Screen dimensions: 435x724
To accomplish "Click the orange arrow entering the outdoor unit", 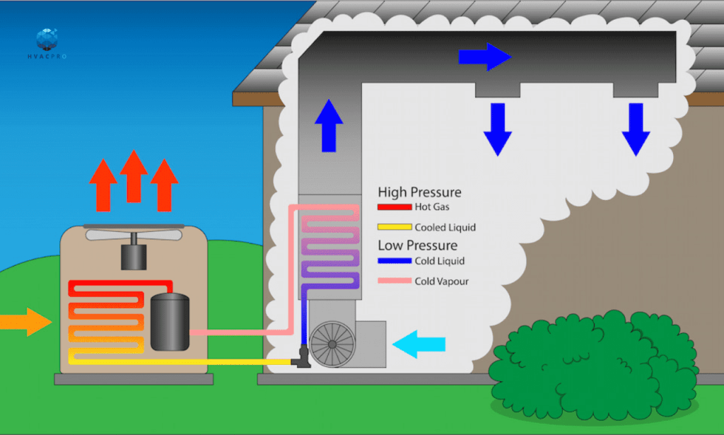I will click(x=27, y=322).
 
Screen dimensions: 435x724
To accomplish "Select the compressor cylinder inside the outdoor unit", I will click(x=170, y=321).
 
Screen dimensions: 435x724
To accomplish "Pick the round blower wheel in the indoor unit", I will click(x=332, y=344).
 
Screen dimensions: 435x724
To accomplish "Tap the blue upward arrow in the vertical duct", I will click(x=328, y=126).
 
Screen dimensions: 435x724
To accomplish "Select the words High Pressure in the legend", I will click(x=419, y=192).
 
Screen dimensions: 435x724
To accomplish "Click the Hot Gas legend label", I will click(x=432, y=207).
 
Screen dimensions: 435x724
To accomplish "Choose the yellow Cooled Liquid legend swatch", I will click(x=395, y=227).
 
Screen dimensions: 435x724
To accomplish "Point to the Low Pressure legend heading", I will click(x=417, y=245).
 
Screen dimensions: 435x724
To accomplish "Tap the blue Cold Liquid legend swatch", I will click(x=395, y=261).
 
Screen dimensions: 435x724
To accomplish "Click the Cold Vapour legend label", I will click(x=441, y=282).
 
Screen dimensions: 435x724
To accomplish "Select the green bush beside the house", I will click(x=594, y=368).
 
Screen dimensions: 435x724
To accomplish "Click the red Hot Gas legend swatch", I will click(x=395, y=207).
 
